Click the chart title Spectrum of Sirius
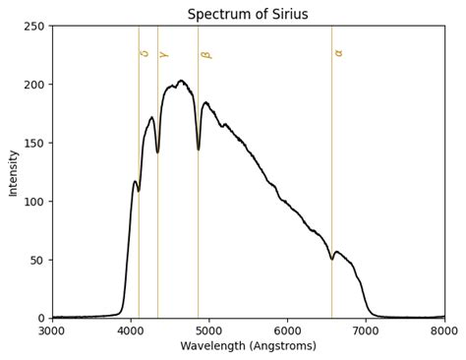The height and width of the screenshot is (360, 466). click(x=248, y=14)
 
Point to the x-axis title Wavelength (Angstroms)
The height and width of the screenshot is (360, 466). click(x=248, y=346)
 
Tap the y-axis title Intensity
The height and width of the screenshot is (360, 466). click(x=13, y=172)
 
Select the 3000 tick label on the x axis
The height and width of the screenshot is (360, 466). click(x=52, y=331)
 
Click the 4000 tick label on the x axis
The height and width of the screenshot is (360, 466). click(x=131, y=331)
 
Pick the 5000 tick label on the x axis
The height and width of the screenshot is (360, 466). click(x=209, y=331)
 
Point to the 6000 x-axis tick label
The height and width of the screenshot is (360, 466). click(x=287, y=331)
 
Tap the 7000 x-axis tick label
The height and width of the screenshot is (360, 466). click(x=366, y=331)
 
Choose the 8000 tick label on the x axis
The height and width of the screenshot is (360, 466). click(x=444, y=331)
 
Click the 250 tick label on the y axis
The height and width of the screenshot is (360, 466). click(x=33, y=26)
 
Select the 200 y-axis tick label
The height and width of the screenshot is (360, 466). click(x=33, y=85)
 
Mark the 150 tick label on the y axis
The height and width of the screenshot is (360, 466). click(x=33, y=143)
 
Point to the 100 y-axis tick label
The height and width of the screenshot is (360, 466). click(x=33, y=202)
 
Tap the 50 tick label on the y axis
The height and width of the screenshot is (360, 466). click(x=36, y=260)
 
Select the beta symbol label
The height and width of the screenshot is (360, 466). click(x=205, y=55)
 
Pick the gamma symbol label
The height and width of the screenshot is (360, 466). click(x=164, y=54)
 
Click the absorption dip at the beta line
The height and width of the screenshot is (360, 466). click(x=199, y=149)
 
